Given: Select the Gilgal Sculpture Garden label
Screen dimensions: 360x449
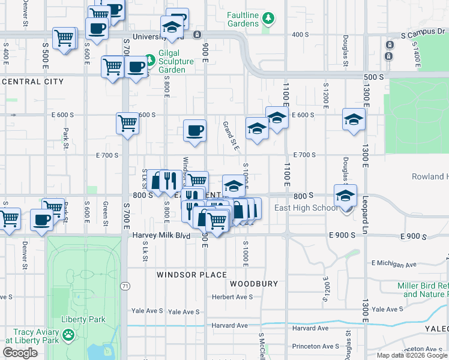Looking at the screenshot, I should coord(176,61).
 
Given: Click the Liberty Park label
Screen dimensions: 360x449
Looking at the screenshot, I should coord(83,320).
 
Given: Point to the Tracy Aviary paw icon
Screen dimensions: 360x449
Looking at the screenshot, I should coord(69,333).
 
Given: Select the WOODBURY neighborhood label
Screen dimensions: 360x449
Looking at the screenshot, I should coord(254,283).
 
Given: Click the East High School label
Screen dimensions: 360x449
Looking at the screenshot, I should coord(306,208).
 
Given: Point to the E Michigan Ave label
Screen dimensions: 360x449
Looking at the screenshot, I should coord(394,263).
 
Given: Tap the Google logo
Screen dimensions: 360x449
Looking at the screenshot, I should coord(20,353).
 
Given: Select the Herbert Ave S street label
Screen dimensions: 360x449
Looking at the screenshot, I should coord(232,297).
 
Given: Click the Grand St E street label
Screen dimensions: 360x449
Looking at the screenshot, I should coord(231,135).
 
